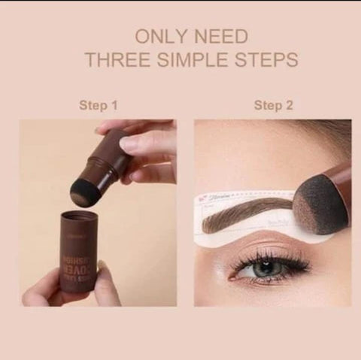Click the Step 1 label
pos(99,105)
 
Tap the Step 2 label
pos(273,105)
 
